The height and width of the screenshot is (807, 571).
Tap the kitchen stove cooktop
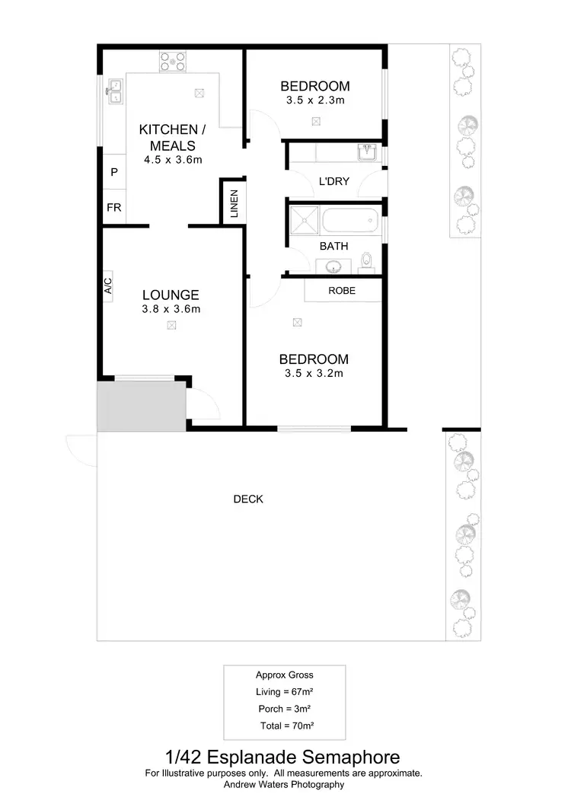click(x=172, y=60)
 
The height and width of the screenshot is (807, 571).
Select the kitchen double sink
click(x=114, y=91)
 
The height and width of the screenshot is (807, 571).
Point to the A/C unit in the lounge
click(x=107, y=286)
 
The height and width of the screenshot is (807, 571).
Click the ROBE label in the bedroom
click(x=342, y=290)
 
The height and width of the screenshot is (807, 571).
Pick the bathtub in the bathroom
click(x=349, y=222)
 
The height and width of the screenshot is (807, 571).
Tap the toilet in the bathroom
click(x=366, y=261)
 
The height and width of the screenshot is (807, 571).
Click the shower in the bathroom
click(x=305, y=222)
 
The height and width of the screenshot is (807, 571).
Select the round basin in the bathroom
click(x=333, y=266)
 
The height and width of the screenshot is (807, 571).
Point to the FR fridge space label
click(x=114, y=207)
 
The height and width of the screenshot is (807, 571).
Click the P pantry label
click(x=114, y=172)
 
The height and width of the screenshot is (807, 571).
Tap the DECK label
click(x=248, y=499)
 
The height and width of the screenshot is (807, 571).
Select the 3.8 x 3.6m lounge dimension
click(x=171, y=309)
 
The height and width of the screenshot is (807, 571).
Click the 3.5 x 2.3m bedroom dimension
click(x=314, y=100)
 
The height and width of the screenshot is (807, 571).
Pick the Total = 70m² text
click(x=287, y=726)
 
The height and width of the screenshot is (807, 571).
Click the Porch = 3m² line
click(x=285, y=709)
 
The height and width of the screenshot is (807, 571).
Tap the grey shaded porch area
click(x=142, y=406)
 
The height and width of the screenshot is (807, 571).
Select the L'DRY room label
click(x=333, y=181)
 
